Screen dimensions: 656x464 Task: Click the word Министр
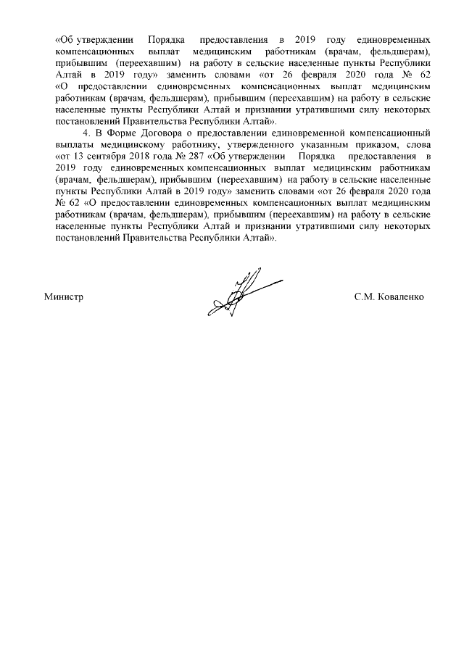[65, 296]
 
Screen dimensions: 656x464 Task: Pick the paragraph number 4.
[86, 134]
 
